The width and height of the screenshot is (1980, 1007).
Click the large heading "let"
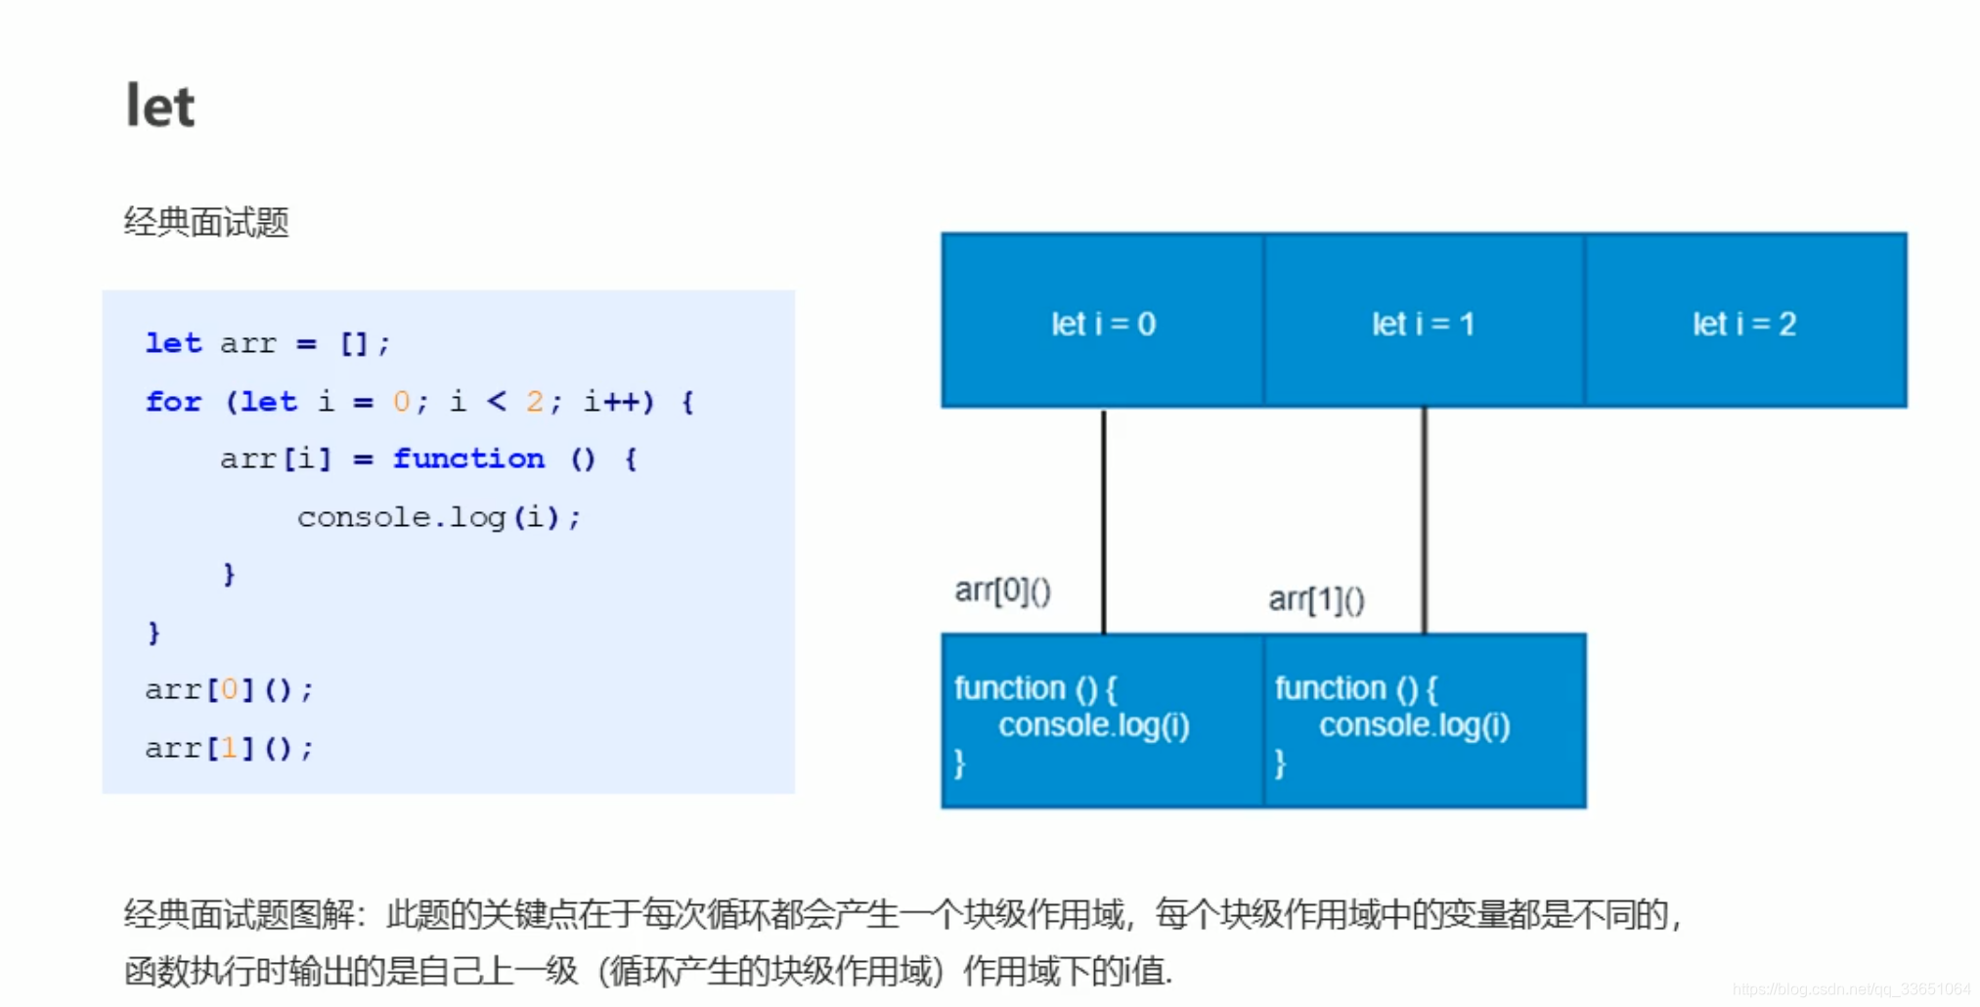pos(160,106)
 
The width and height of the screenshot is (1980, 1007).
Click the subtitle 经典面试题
pos(206,223)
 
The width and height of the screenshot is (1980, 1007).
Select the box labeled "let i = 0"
pos(1102,323)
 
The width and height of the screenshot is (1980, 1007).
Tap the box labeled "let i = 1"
pos(1423,323)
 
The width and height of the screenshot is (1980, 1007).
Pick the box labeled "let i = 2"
pos(1744,323)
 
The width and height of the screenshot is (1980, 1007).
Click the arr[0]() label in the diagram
pos(1002,591)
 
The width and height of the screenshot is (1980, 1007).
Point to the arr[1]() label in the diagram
pos(1316,599)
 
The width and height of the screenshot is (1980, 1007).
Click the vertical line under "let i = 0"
pos(1104,518)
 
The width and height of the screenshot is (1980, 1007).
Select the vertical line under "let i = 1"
pos(1425,518)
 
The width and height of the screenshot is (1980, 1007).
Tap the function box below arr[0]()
pos(1102,722)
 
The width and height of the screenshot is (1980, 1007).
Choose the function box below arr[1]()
pos(1424,722)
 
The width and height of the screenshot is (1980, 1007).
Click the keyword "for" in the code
pos(173,402)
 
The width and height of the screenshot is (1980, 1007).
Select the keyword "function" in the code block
pos(468,459)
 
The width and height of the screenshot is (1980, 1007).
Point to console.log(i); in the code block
pos(438,516)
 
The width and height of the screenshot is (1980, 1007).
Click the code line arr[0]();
pos(229,690)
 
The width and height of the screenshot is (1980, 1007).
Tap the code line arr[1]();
pos(229,749)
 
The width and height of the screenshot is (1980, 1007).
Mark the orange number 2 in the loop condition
pos(534,402)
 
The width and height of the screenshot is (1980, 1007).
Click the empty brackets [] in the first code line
pos(353,344)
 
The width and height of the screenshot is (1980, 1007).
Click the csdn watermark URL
pos(1851,989)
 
